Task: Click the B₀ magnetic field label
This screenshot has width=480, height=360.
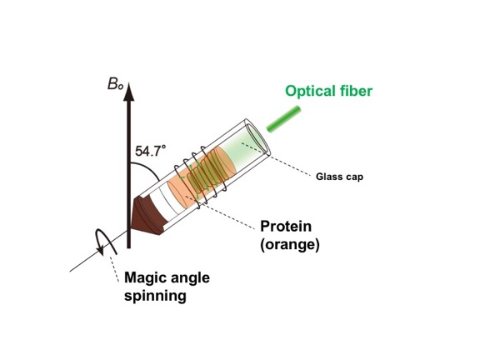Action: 115,84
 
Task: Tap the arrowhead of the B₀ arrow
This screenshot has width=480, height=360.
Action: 129,92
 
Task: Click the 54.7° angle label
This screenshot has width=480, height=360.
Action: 150,151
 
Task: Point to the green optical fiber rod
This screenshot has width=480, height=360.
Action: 284,119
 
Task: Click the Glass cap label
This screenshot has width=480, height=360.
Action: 339,177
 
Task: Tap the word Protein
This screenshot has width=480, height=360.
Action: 286,227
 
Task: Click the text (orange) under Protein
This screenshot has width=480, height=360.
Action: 290,245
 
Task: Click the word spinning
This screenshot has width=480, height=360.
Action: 155,296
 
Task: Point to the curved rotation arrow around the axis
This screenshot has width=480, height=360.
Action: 106,242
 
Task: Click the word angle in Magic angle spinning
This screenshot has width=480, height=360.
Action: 190,278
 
